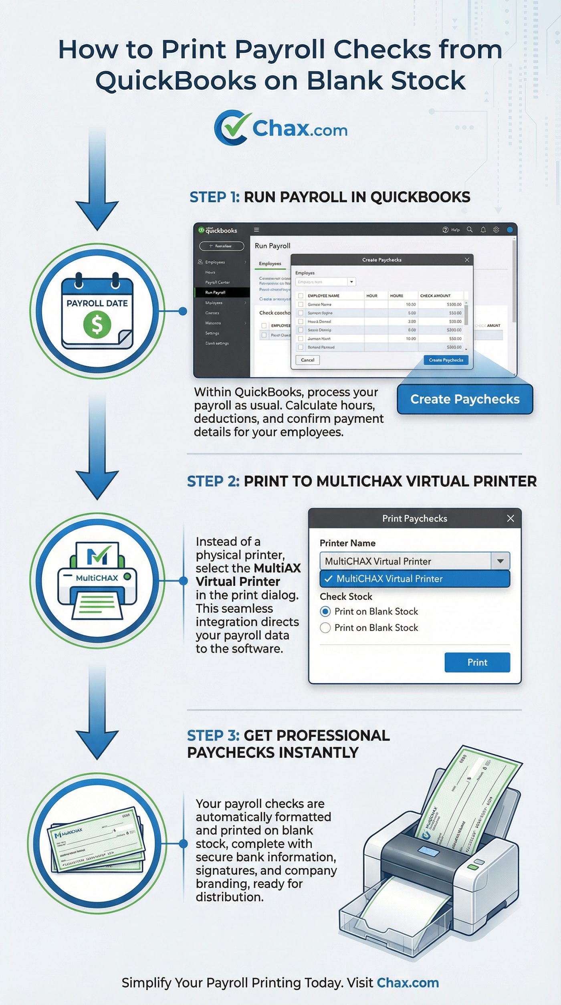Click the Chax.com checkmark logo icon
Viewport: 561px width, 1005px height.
tap(231, 127)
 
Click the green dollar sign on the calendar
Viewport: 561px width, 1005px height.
tap(97, 324)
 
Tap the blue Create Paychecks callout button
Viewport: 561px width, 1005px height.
tap(465, 399)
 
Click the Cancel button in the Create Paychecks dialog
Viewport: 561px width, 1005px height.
tap(307, 360)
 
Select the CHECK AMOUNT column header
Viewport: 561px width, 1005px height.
tap(435, 296)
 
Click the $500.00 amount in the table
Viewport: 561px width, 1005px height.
tap(454, 305)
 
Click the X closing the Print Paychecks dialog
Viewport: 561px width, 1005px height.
tap(511, 519)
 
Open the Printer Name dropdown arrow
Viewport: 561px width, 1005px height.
tap(500, 561)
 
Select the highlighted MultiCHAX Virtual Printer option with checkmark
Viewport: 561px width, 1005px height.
tap(414, 579)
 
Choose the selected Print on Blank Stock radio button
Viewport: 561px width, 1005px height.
tap(325, 611)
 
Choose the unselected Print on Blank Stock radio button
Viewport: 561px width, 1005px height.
tap(325, 628)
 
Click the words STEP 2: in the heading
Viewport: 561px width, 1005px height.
tap(213, 481)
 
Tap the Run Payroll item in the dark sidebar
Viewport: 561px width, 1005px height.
tap(216, 293)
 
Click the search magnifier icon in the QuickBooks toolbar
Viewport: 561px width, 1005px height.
tap(470, 230)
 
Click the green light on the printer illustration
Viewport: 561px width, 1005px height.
tap(473, 867)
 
